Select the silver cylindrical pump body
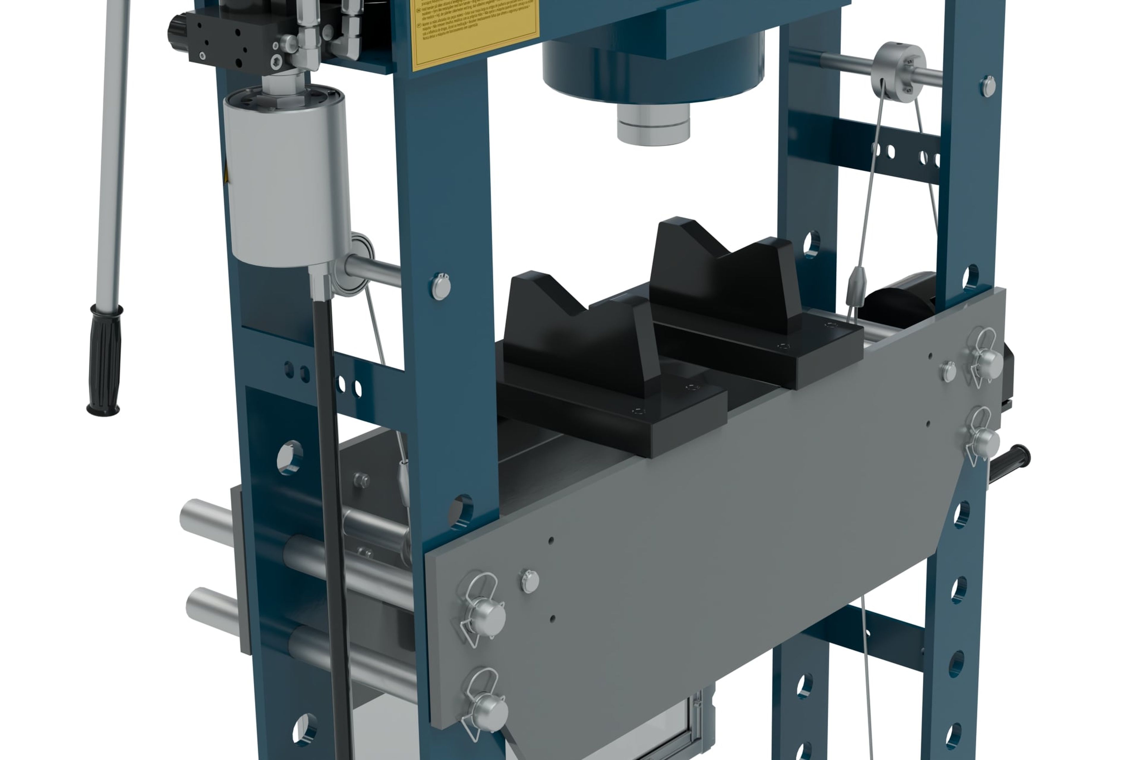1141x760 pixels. [x=288, y=177]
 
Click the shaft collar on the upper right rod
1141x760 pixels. [x=898, y=72]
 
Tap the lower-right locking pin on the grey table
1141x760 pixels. [x=984, y=441]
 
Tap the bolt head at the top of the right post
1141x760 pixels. [x=988, y=86]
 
